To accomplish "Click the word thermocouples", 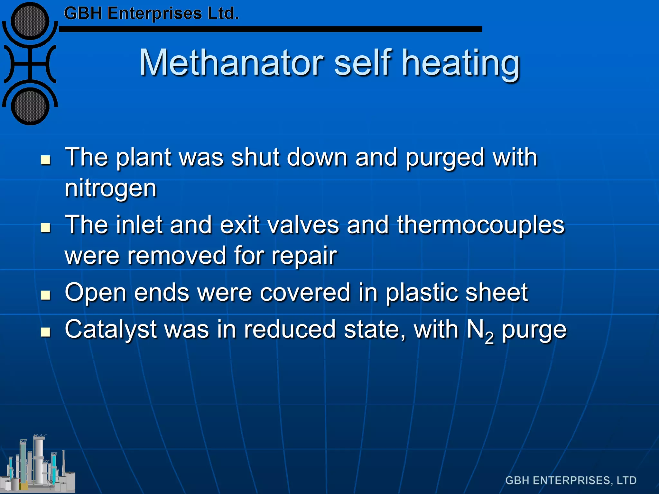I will point(480,225).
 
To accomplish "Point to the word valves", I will point(303,225).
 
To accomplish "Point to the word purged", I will point(445,158).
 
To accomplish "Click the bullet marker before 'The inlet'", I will point(46,227).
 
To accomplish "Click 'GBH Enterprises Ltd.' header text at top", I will point(151,14).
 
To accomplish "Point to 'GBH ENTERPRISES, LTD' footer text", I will point(571,480).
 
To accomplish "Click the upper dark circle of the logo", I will point(30,21).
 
